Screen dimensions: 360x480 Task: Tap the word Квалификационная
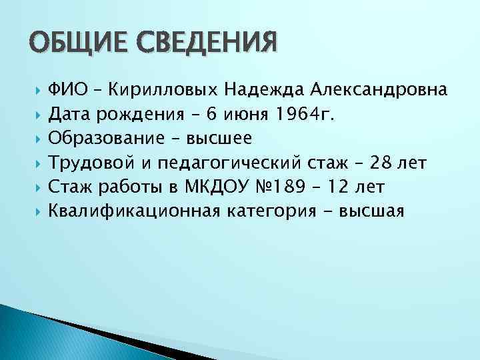click(x=133, y=211)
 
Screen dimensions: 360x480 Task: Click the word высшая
click(x=372, y=211)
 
